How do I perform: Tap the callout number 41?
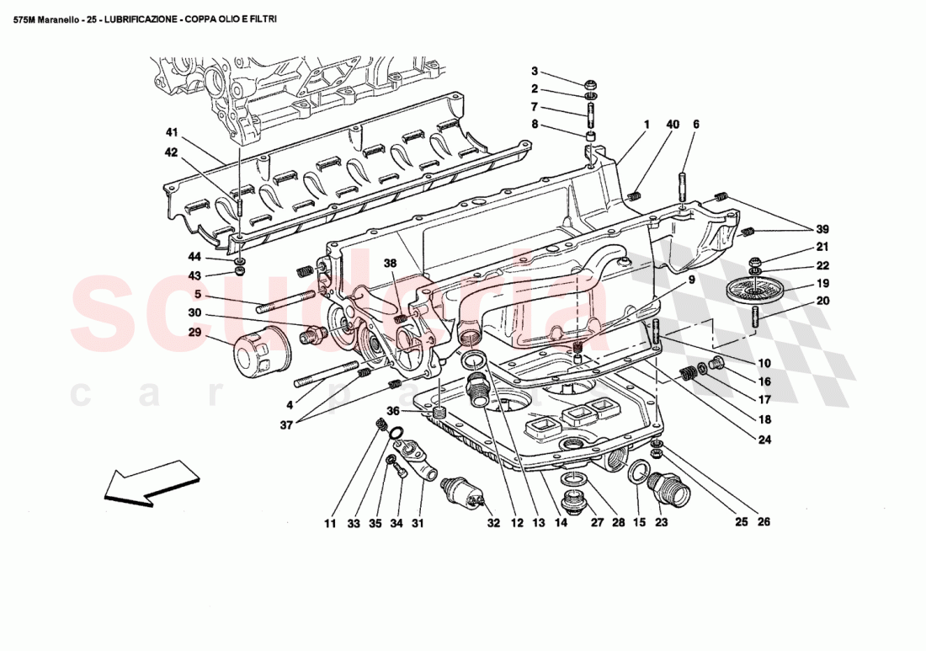tap(172, 132)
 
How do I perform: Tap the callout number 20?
tap(822, 301)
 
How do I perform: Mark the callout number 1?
tap(647, 125)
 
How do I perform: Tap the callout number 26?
tap(763, 522)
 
